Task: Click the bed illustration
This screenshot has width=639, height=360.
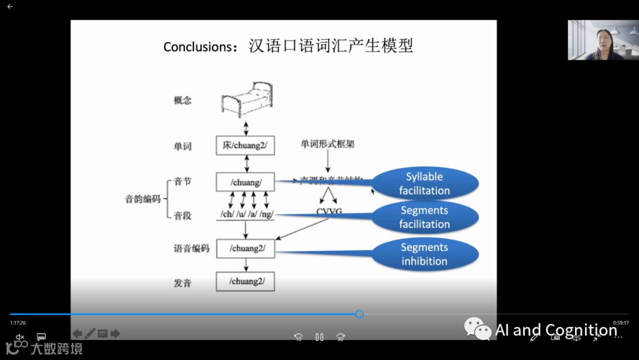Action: tap(247, 99)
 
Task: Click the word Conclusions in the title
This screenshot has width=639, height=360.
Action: tap(200, 47)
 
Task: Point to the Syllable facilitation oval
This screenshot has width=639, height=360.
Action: tap(424, 184)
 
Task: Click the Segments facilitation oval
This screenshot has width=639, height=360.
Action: tap(424, 217)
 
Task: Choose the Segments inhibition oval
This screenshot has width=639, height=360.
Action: tap(424, 255)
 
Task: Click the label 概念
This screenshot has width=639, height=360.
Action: tap(183, 100)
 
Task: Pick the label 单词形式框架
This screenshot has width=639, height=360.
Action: tap(328, 144)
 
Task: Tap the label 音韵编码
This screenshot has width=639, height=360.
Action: tap(143, 199)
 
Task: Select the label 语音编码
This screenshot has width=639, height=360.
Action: tap(191, 249)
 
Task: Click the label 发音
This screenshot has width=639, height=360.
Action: tap(183, 283)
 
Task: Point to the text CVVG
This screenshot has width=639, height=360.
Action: tap(330, 212)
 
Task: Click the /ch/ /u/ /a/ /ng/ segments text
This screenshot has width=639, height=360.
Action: tap(246, 214)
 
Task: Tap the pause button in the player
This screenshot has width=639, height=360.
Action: tap(319, 337)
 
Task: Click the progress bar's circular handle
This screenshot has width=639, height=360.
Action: tap(359, 314)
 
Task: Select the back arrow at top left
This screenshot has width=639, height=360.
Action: tap(9, 7)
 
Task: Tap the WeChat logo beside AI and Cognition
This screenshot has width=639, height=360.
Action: tap(477, 329)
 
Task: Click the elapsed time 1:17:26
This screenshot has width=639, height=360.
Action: tap(18, 323)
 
